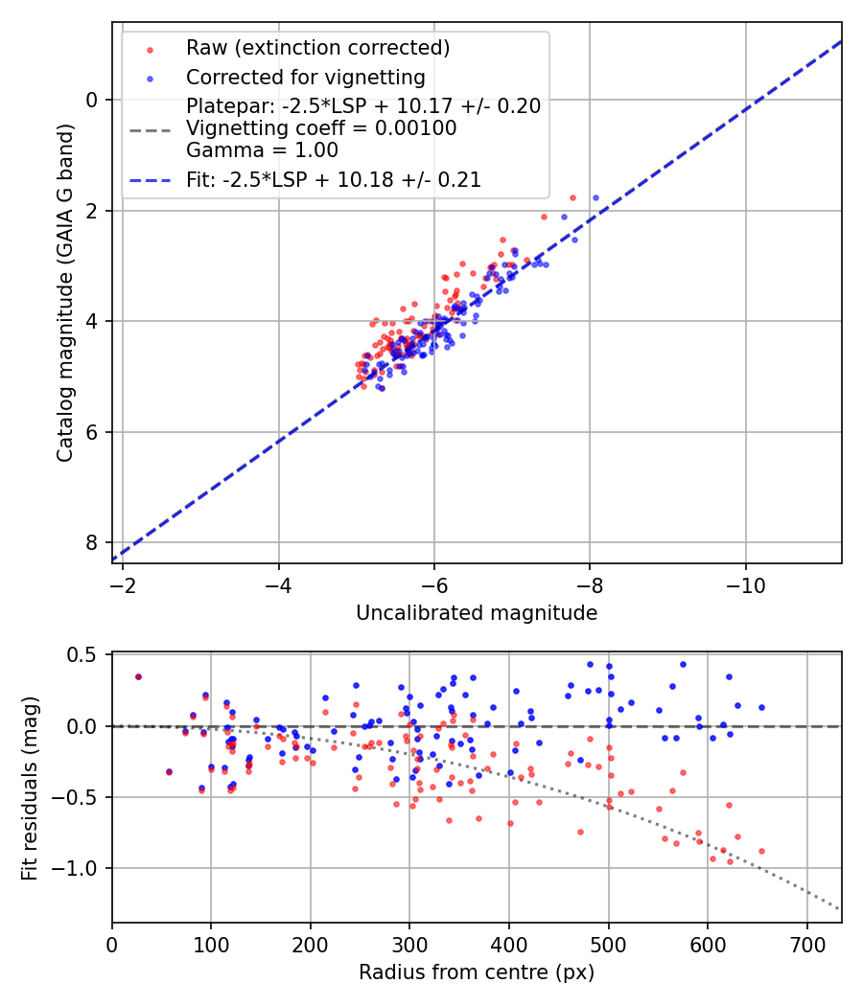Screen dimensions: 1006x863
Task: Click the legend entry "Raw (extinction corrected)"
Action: click(317, 48)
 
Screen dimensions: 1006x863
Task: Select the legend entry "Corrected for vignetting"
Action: click(306, 77)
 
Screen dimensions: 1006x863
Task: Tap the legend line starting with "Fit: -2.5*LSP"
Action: click(333, 179)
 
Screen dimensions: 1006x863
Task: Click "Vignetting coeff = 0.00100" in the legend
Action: click(321, 128)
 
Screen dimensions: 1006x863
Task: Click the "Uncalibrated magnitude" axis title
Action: click(477, 613)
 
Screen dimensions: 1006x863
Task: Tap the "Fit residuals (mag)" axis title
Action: click(31, 787)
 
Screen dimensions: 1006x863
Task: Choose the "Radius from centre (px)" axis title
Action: click(477, 972)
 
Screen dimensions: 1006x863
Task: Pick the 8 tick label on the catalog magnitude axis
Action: click(92, 542)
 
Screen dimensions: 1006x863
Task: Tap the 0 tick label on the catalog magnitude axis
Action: click(92, 100)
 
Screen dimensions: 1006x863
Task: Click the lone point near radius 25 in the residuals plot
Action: click(138, 676)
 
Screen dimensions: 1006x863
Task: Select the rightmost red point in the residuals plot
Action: click(761, 851)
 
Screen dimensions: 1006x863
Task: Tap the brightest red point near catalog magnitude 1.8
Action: click(572, 197)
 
